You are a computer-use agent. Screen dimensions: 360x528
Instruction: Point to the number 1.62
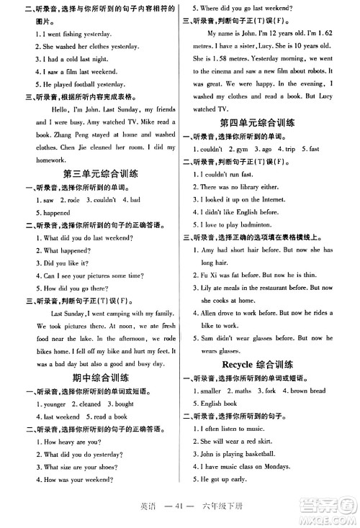point(323,34)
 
